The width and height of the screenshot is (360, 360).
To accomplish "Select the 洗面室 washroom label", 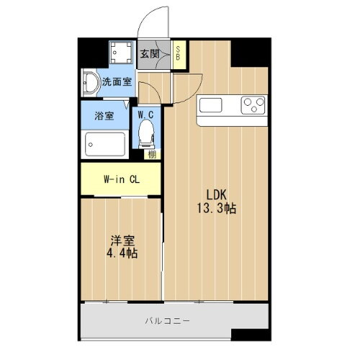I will pyautogui.click(x=115, y=82).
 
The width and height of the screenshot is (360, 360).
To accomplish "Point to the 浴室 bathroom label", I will pyautogui.click(x=104, y=116).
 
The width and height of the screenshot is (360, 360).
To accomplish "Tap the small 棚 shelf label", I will pyautogui.click(x=150, y=153).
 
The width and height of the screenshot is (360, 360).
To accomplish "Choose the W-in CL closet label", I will pyautogui.click(x=120, y=179).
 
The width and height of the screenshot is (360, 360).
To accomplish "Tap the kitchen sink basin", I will pyautogui.click(x=212, y=105).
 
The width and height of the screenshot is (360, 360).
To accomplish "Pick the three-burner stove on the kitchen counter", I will pyautogui.click(x=253, y=105).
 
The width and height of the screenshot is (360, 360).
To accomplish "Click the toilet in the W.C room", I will pyautogui.click(x=147, y=132).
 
